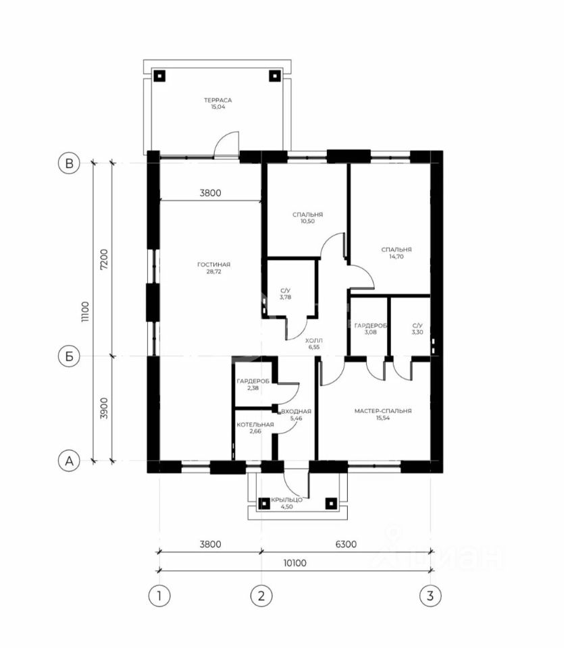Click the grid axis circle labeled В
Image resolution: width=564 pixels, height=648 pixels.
pyautogui.click(x=69, y=163)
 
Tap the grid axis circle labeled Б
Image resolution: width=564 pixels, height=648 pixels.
pyautogui.click(x=69, y=356)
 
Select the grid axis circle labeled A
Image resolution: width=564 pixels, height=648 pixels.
pyautogui.click(x=69, y=460)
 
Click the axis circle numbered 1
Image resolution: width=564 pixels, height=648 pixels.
pyautogui.click(x=159, y=596)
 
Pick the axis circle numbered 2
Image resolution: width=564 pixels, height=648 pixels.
pyautogui.click(x=261, y=596)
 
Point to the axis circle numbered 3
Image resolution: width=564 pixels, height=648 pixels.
pyautogui.click(x=430, y=596)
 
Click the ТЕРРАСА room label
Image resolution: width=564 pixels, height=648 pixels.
pyautogui.click(x=218, y=100)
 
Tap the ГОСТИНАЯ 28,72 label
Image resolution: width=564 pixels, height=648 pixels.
pyautogui.click(x=213, y=268)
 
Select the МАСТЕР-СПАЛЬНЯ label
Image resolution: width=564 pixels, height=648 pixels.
pyautogui.click(x=383, y=411)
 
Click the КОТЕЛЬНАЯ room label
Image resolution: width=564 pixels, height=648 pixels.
pyautogui.click(x=255, y=425)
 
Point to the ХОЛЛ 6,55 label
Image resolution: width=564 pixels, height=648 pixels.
pyautogui.click(x=314, y=344)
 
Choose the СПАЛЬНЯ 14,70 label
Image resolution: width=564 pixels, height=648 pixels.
pyautogui.click(x=396, y=253)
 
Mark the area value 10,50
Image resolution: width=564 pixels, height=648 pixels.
pyautogui.click(x=307, y=221)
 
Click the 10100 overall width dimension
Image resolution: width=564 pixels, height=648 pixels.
pyautogui.click(x=294, y=563)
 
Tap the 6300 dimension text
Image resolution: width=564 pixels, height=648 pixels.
pyautogui.click(x=346, y=544)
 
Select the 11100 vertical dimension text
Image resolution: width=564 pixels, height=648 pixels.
pyautogui.click(x=84, y=312)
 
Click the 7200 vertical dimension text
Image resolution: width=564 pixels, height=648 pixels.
pyautogui.click(x=104, y=259)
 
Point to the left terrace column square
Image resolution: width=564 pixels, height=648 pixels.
pyautogui.click(x=159, y=76)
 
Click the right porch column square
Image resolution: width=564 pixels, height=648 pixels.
pyautogui.click(x=331, y=504)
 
